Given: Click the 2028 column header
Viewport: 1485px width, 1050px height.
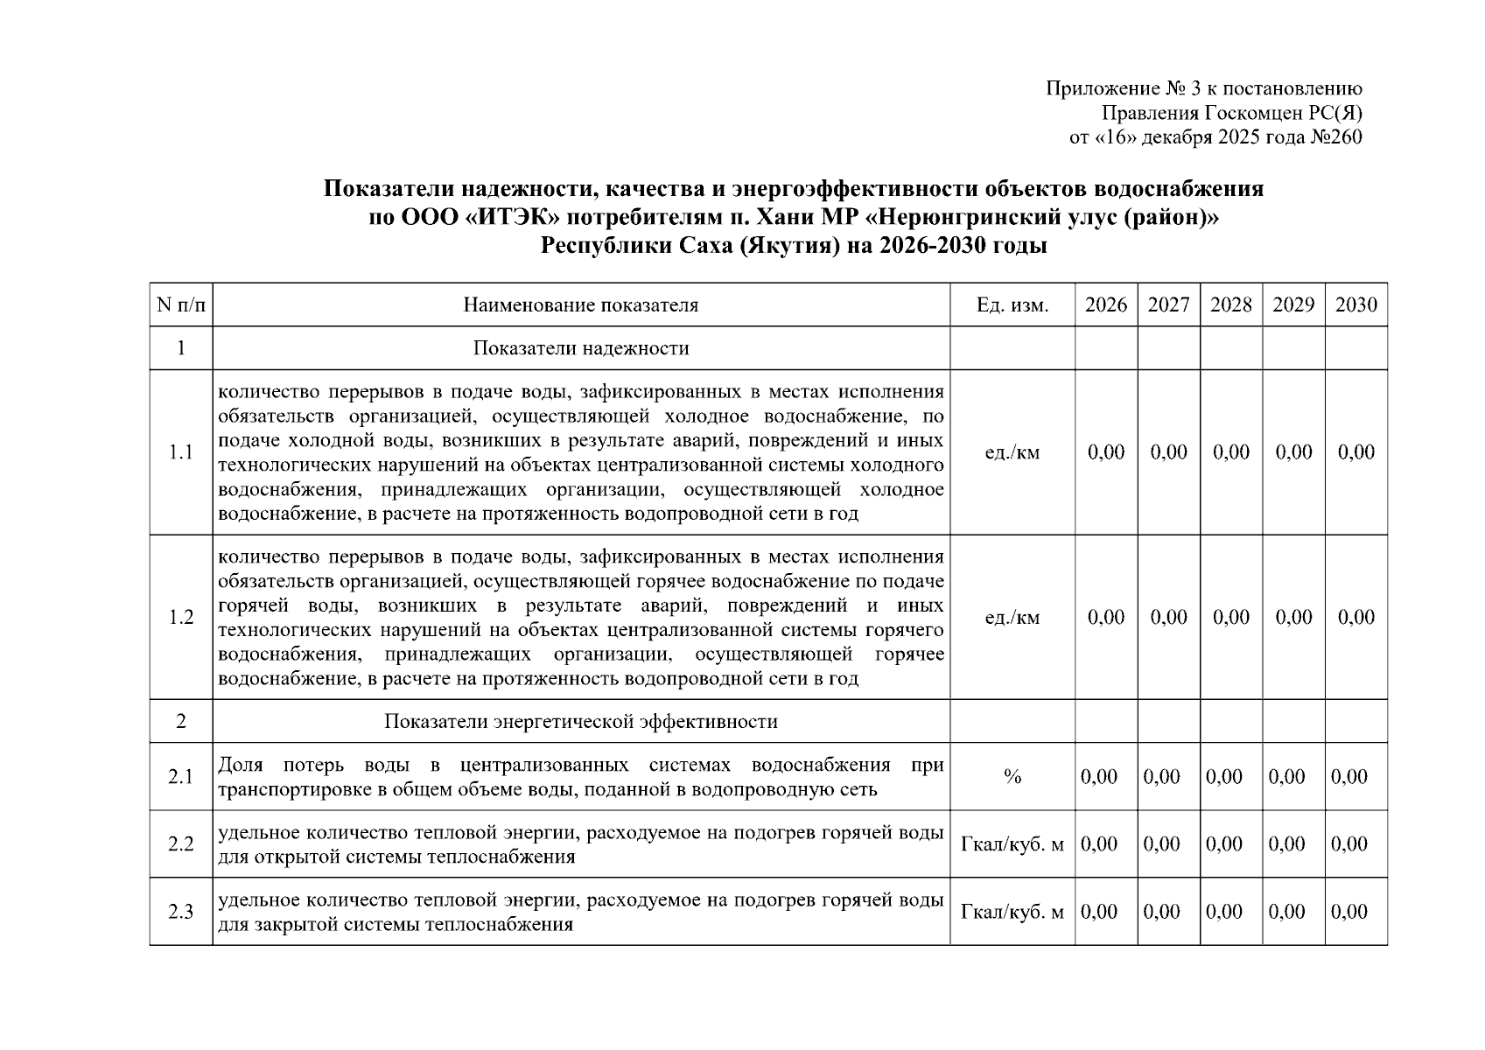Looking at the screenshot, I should pyautogui.click(x=1230, y=304).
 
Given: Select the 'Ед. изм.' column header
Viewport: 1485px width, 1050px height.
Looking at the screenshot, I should pyautogui.click(x=1012, y=304).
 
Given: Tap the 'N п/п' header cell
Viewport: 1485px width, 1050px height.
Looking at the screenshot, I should pyautogui.click(x=181, y=304).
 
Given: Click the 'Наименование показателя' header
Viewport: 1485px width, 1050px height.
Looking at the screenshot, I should pyautogui.click(x=581, y=304).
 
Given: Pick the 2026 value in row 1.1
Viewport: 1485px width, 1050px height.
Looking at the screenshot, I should pyautogui.click(x=1106, y=452).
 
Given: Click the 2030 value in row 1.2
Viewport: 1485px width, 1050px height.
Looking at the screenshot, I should pyautogui.click(x=1355, y=617).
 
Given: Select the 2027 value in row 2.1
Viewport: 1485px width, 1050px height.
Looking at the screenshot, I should pyautogui.click(x=1162, y=777).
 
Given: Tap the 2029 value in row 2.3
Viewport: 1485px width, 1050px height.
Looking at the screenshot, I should pyautogui.click(x=1286, y=912).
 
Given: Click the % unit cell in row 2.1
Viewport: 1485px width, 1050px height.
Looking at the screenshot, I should pyautogui.click(x=1012, y=777).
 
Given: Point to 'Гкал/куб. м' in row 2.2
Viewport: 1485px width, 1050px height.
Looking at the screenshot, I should pyautogui.click(x=1012, y=844).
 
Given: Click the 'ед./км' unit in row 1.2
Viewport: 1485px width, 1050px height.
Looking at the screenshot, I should pyautogui.click(x=1012, y=617).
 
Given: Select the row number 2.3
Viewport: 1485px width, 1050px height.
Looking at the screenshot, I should pyautogui.click(x=181, y=912).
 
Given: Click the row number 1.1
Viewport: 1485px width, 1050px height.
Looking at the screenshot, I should pyautogui.click(x=181, y=452).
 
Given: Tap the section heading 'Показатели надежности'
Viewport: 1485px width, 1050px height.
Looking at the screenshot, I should pyautogui.click(x=581, y=348).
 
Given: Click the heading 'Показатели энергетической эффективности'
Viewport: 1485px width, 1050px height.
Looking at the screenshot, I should pyautogui.click(x=581, y=722).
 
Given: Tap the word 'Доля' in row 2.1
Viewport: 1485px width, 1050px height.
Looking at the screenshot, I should pyautogui.click(x=240, y=766).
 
